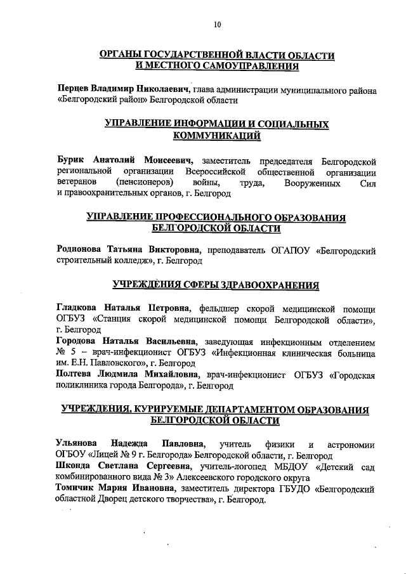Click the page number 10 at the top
pyautogui.click(x=218, y=25)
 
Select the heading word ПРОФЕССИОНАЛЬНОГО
pyautogui.click(x=209, y=218)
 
